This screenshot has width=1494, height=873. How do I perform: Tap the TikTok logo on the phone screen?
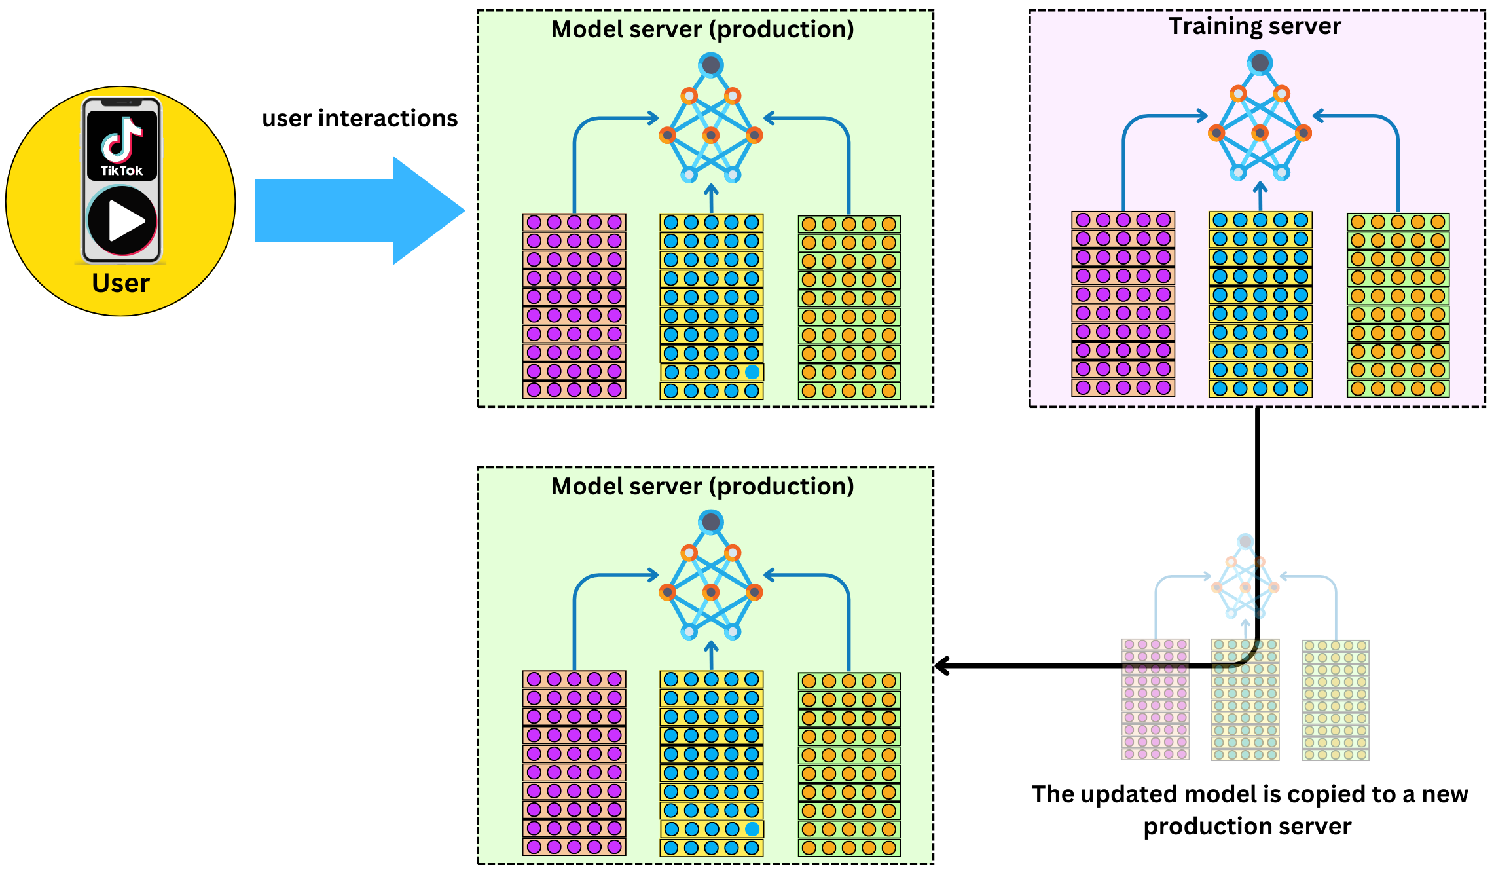coord(122,145)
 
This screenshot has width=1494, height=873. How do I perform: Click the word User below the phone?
coord(121,283)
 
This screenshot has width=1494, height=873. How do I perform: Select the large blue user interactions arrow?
coord(359,210)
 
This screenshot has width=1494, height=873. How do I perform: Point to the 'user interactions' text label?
coord(360,118)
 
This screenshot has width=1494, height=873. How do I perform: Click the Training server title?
coord(1255,26)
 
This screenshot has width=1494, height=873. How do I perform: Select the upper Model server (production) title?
coord(702,29)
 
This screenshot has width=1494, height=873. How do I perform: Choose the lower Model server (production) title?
coord(702,487)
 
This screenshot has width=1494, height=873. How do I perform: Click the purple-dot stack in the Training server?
coord(1123,304)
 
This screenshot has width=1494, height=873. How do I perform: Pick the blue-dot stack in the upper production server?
coord(712,306)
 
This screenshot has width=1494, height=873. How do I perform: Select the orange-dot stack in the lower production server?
coord(849,764)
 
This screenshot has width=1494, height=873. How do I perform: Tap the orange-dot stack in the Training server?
coord(1398,305)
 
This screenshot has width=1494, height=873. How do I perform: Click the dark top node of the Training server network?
coord(1260,63)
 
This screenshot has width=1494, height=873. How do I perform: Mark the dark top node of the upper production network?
coord(711,65)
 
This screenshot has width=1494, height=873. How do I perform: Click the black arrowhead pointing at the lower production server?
coord(943,667)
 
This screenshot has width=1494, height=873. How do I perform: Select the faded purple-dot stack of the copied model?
coord(1156,699)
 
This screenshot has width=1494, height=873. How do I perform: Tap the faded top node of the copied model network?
coord(1245,542)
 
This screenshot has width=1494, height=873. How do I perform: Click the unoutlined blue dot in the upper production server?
coord(752,372)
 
